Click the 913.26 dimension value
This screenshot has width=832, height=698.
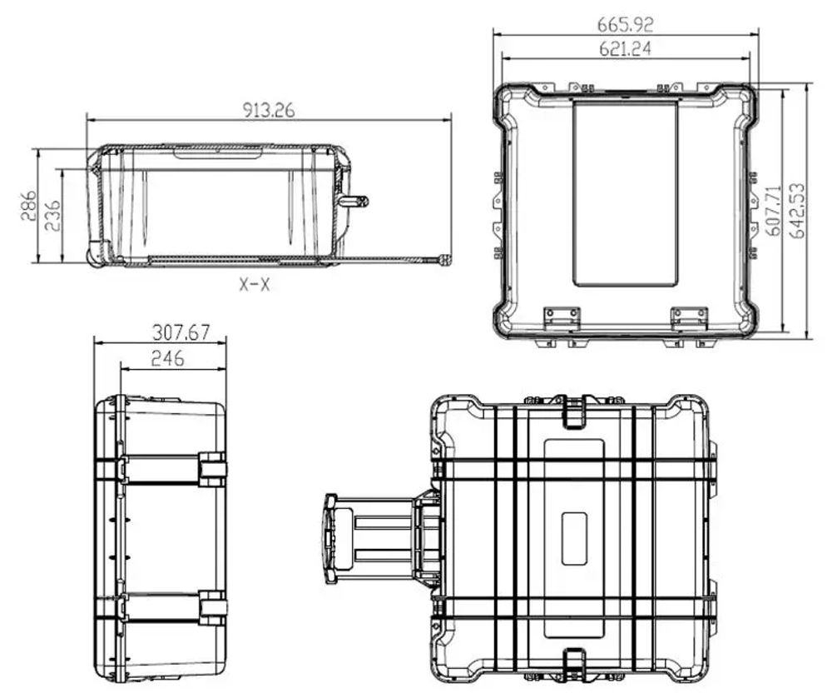[269, 110]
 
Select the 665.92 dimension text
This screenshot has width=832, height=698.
[625, 22]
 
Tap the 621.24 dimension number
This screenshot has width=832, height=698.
[625, 49]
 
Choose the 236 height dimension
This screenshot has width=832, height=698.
[52, 216]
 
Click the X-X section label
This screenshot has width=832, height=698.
[255, 285]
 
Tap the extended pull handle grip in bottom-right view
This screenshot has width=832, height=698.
[331, 538]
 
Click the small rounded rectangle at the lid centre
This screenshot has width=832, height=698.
[574, 538]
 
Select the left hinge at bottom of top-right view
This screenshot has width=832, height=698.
[561, 317]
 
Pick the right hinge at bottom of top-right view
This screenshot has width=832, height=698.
[689, 317]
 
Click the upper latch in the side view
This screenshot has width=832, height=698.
[211, 469]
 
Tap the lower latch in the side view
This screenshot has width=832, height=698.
[211, 608]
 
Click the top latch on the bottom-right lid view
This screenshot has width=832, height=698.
[574, 411]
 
